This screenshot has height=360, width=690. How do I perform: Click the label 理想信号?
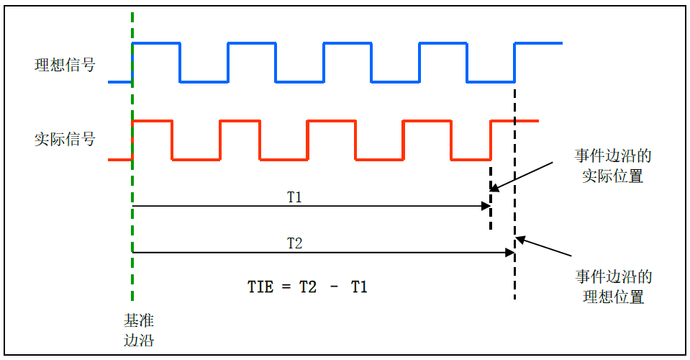click(65, 66)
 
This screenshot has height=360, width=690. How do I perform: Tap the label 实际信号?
click(65, 139)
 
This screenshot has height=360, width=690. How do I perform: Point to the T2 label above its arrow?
click(295, 243)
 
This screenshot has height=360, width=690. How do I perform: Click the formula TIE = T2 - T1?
click(308, 287)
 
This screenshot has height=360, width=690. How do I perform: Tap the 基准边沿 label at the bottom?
click(139, 329)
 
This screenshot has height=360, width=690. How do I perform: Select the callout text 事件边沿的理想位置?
click(614, 287)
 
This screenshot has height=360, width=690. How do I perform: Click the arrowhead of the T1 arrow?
click(486, 207)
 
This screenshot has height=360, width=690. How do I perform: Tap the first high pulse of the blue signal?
click(156, 45)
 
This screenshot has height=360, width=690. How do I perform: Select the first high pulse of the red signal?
click(153, 122)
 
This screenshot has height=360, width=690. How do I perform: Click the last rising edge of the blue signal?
click(515, 63)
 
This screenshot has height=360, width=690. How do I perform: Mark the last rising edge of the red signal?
click(491, 140)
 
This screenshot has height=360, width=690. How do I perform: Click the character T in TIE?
click(253, 287)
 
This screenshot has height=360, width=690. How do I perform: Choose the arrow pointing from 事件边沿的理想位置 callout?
click(545, 248)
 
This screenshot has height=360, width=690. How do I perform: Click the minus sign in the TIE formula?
click(335, 287)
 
